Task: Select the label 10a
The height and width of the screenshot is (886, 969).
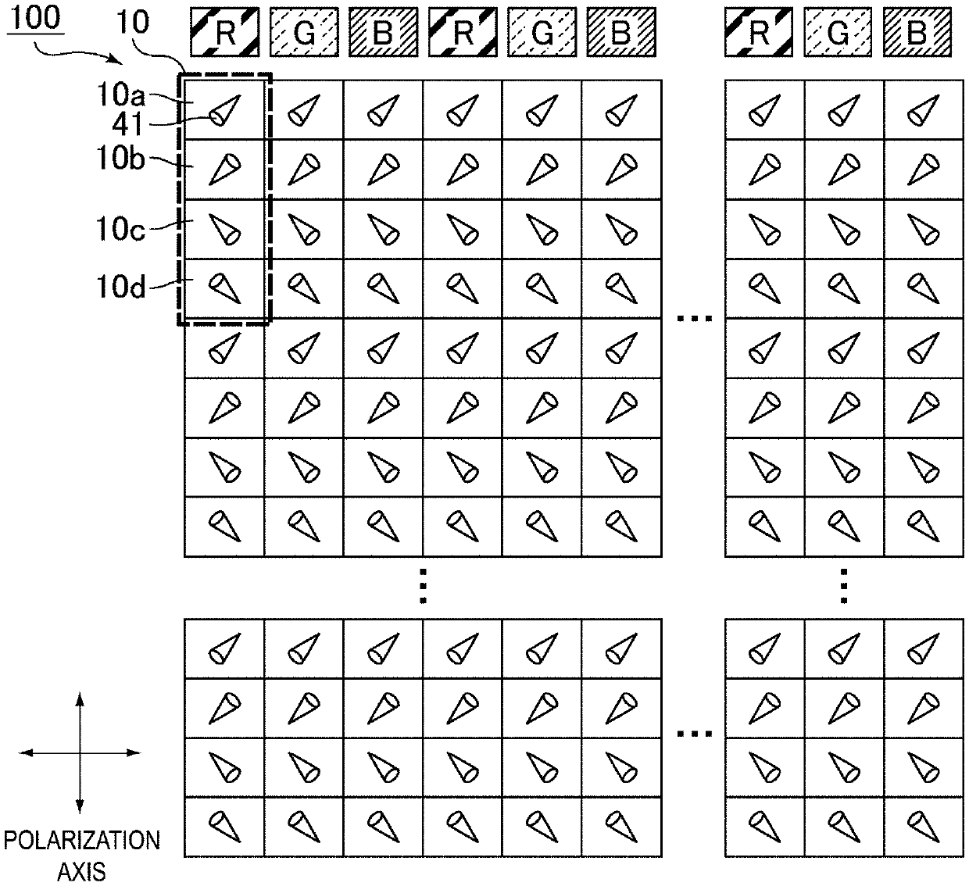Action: [x=122, y=97]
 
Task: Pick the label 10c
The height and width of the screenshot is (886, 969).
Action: [x=121, y=230]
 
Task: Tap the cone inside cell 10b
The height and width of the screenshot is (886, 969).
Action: [x=225, y=170]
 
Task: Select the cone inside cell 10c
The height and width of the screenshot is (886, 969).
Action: [x=225, y=229]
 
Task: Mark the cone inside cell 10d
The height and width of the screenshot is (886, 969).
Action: [x=225, y=288]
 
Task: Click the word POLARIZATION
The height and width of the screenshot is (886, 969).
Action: [x=82, y=841]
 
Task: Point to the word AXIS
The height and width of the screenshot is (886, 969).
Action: [x=82, y=870]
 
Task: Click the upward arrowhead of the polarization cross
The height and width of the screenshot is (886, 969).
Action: [x=80, y=697]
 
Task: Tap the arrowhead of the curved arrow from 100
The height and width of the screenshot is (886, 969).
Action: [x=117, y=62]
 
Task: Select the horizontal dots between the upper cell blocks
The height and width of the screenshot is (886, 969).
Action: [x=693, y=318]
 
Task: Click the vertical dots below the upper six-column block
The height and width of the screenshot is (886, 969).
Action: [x=422, y=585]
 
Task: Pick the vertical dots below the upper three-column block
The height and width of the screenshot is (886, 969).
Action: [x=844, y=585]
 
